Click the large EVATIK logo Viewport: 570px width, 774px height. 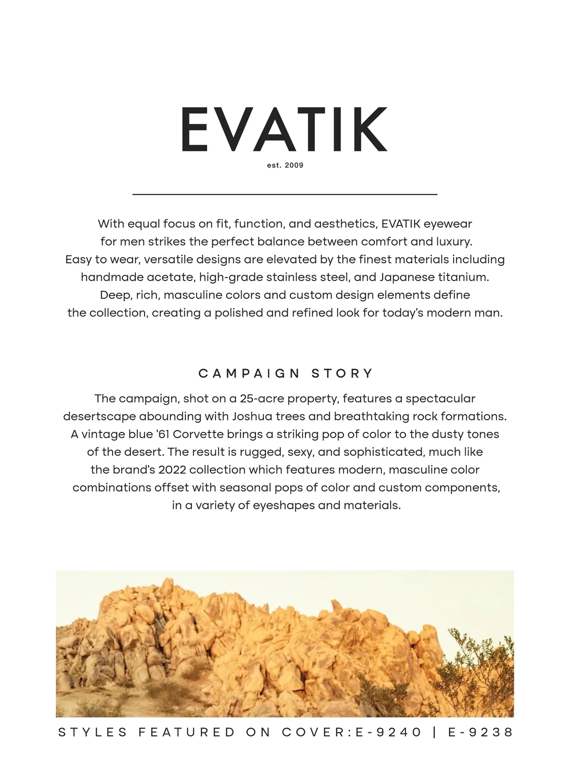point(284,129)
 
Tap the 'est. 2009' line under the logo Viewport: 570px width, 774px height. point(285,165)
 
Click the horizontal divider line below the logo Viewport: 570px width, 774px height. point(285,194)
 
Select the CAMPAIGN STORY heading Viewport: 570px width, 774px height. point(285,373)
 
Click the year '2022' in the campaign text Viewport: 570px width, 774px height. point(172,470)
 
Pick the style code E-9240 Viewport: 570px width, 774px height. point(389,732)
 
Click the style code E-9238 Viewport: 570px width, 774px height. point(481,732)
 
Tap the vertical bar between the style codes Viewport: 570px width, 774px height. point(435,732)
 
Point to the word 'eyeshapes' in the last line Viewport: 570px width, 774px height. point(284,505)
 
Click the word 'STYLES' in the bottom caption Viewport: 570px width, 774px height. point(93,732)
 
